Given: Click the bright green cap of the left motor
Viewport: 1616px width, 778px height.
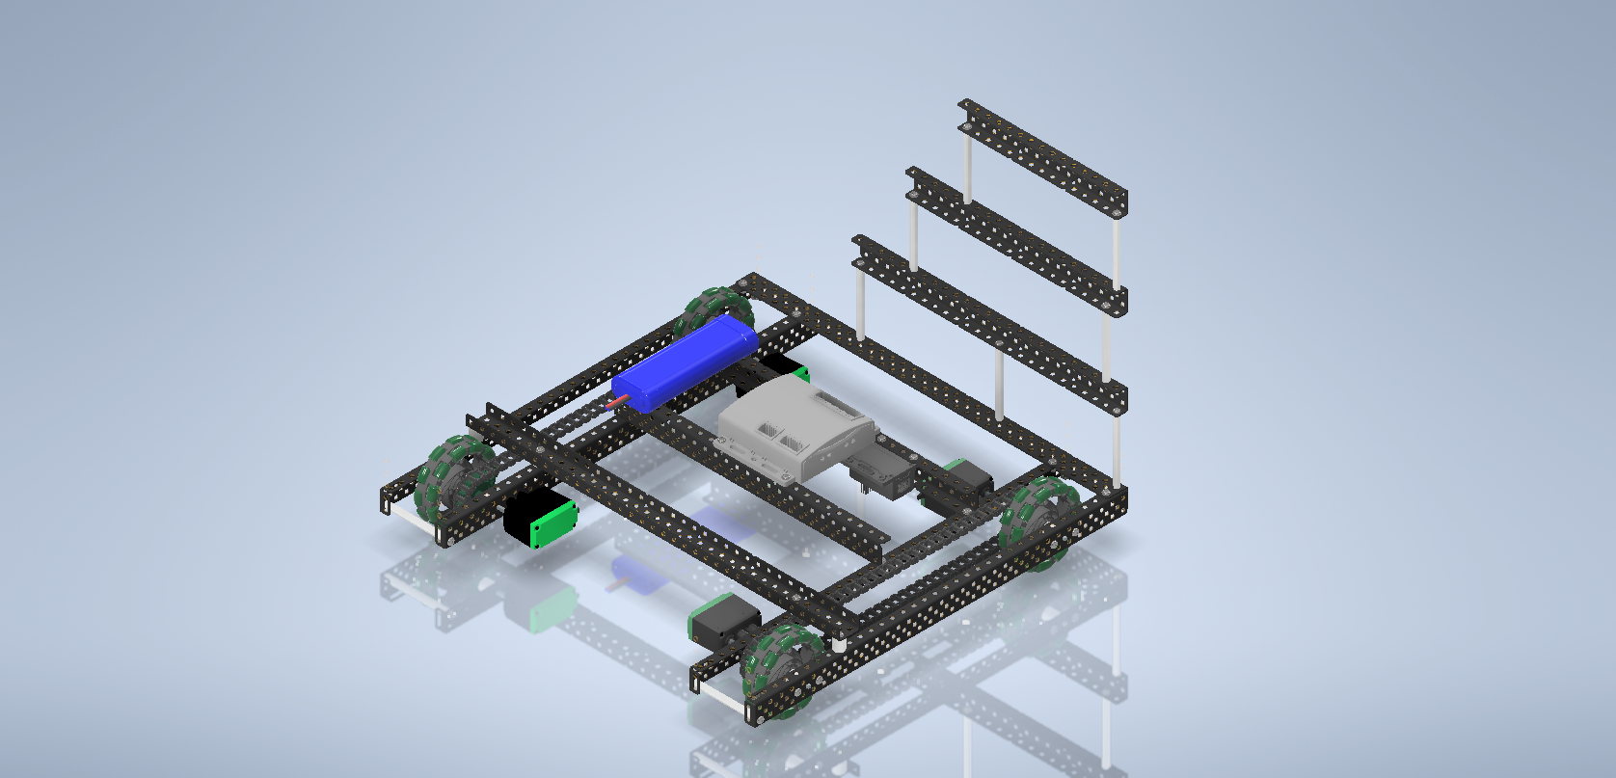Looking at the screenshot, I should pyautogui.click(x=554, y=524).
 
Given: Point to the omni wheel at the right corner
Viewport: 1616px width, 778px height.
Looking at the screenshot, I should pyautogui.click(x=1041, y=520).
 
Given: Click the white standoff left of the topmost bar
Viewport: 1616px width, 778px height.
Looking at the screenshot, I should pyautogui.click(x=967, y=164).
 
